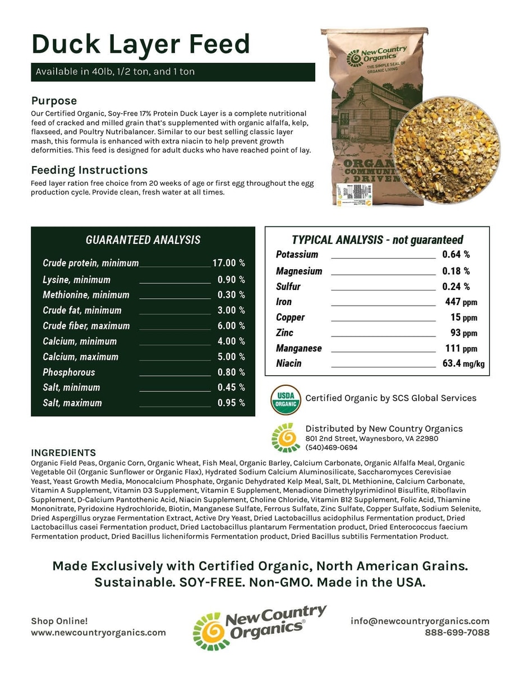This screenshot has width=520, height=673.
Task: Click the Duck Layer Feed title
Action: [140, 43]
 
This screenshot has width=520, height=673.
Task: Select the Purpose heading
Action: [54, 101]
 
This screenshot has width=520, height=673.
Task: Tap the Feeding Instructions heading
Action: [89, 170]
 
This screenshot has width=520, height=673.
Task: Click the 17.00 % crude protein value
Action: [228, 263]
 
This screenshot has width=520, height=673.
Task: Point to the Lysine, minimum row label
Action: [76, 280]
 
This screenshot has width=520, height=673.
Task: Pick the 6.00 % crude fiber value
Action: [231, 326]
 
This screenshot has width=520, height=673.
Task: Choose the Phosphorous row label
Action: [69, 372]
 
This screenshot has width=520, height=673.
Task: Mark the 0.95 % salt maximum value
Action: [231, 403]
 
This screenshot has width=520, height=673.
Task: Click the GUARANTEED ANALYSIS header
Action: [143, 240]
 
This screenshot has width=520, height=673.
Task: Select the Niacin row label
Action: [288, 363]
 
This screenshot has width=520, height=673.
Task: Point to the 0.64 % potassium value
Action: [456, 255]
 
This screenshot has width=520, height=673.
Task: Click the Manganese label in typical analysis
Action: [298, 348]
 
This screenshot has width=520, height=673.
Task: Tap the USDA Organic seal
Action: [286, 399]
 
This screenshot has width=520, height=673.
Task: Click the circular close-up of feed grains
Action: [446, 150]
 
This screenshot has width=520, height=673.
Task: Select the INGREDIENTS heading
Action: [63, 453]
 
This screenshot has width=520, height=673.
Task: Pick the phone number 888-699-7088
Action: [457, 633]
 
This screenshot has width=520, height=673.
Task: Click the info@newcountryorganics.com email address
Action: [420, 621]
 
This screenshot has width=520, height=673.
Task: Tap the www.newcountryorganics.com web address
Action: [98, 633]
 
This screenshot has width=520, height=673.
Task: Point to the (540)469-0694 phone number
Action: [331, 448]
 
